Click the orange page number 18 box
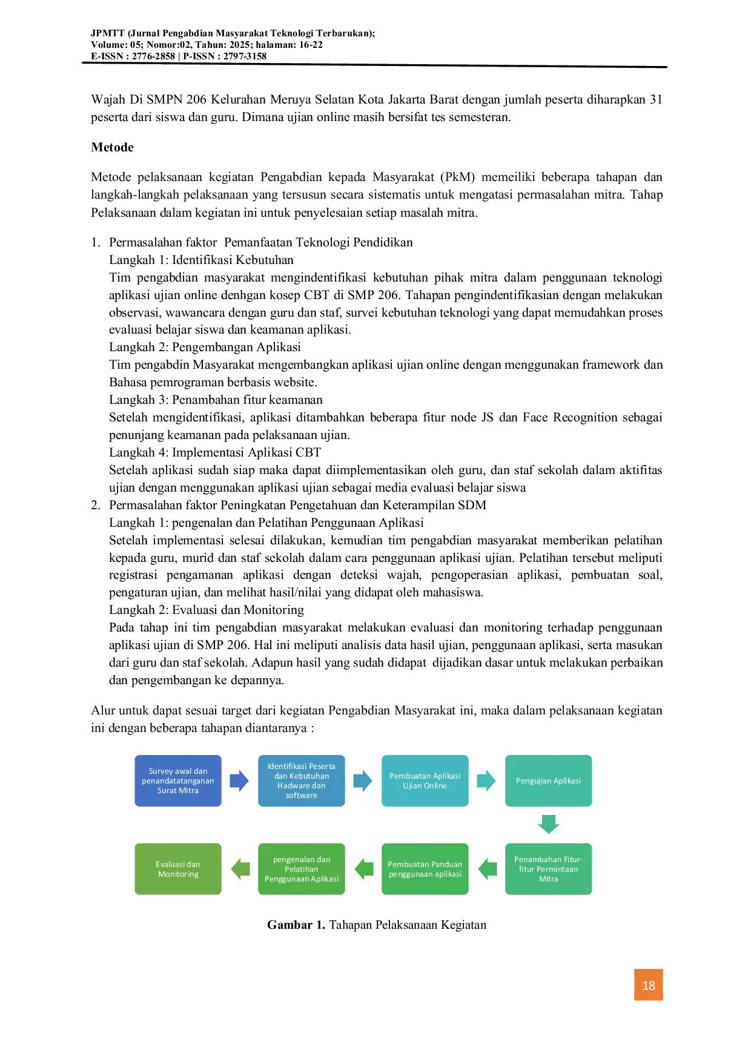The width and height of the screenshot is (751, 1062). click(648, 984)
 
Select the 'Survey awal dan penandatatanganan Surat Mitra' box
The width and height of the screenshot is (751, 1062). click(178, 780)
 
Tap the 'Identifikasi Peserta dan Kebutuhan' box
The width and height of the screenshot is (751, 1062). click(302, 780)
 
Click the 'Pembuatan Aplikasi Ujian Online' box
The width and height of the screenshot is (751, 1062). click(425, 780)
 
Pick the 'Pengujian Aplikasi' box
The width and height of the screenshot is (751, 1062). click(549, 780)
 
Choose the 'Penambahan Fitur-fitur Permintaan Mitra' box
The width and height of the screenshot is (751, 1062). click(549, 869)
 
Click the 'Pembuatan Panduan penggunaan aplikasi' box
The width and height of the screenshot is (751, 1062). click(425, 869)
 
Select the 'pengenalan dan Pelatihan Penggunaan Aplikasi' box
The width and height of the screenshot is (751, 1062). click(302, 869)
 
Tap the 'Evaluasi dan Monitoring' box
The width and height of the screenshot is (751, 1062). click(178, 869)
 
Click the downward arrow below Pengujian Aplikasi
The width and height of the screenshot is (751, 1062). click(549, 824)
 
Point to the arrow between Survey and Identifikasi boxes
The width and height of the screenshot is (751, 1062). click(239, 780)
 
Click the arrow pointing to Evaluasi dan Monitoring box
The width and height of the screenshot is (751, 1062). click(240, 869)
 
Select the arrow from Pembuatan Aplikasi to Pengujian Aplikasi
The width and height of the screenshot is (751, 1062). click(486, 780)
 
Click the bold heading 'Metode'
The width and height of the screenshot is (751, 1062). click(112, 147)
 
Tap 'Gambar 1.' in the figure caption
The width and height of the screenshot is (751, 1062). click(296, 925)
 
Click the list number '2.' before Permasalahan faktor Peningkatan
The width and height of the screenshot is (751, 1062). click(96, 505)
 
